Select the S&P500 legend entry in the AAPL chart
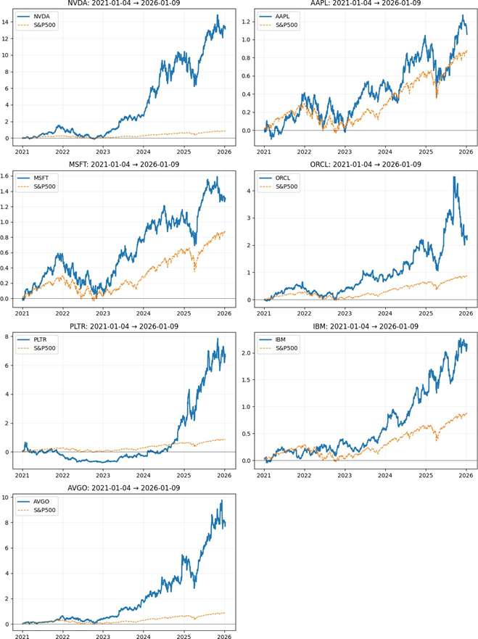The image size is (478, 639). click(289, 25)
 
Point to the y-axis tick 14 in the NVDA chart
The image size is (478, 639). click(7, 22)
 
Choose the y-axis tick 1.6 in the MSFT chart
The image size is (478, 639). click(6, 176)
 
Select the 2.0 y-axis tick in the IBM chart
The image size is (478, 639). click(246, 353)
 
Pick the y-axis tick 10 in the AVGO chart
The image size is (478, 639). click(7, 498)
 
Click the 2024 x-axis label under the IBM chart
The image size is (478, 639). click(387, 473)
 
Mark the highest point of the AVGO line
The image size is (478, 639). click(221, 500)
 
